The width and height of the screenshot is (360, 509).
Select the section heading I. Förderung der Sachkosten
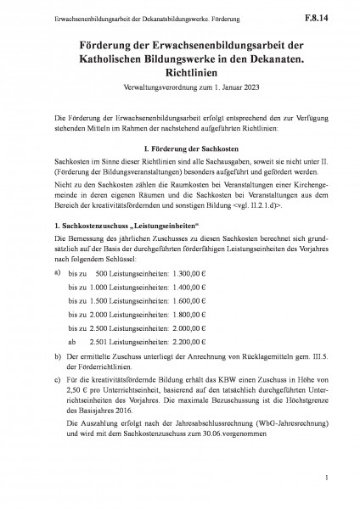click(x=180, y=149)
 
